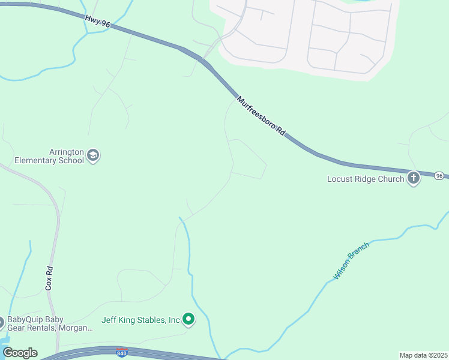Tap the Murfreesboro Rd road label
pos(260,115)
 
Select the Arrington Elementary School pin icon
pos(93,155)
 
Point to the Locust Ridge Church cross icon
pos(414,178)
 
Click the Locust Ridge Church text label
pos(366,179)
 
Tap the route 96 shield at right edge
pos(440,176)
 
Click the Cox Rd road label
pos(49,278)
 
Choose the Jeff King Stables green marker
pos(188,319)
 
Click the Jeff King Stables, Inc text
pos(141,320)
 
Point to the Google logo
pos(20,353)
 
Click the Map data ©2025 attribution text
pos(423,355)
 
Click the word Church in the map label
pos(391,179)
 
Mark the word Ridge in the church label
pos(366,179)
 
